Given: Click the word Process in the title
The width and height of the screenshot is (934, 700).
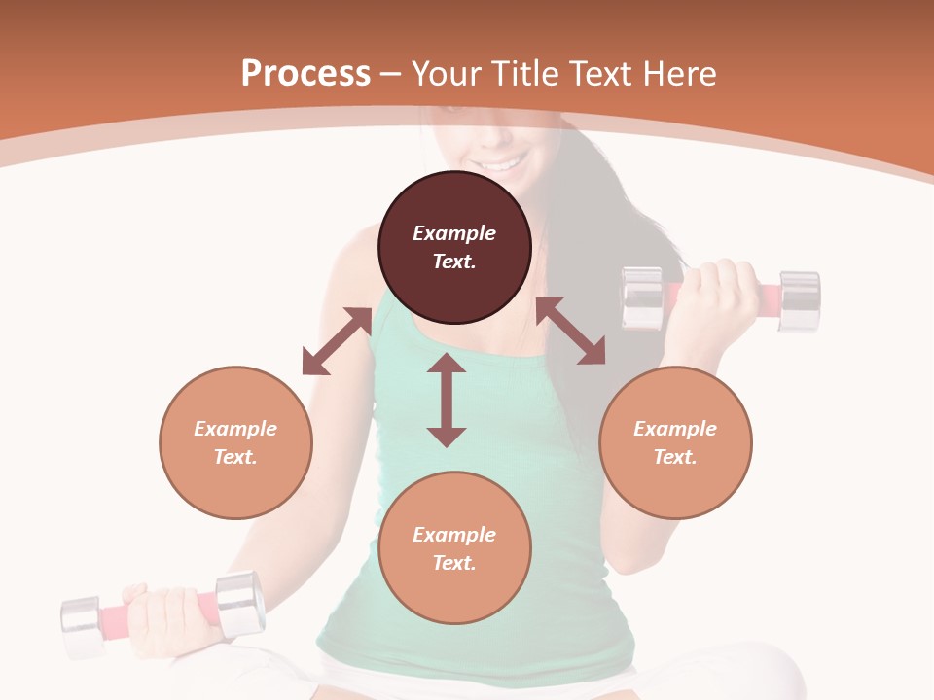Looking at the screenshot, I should (305, 74).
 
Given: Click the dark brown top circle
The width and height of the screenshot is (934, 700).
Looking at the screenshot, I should (454, 247).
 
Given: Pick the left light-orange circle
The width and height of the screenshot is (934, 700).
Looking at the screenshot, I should (235, 442).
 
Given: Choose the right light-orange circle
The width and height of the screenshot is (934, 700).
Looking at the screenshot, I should (675, 442).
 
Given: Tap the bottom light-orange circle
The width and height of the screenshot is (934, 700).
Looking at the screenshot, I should (454, 548).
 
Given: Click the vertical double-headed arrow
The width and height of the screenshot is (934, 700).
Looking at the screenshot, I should (447, 400).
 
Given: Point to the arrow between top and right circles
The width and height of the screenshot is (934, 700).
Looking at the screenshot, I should (570, 331).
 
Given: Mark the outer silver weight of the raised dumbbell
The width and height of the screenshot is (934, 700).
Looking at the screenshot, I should (800, 301).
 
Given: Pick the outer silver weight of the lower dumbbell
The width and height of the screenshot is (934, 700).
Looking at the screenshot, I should (81, 628).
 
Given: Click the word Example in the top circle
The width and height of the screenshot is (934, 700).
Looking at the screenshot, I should (454, 233).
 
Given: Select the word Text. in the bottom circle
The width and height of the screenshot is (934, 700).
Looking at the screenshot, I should (454, 563).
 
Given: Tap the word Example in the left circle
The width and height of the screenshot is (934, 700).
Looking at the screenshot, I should (235, 429).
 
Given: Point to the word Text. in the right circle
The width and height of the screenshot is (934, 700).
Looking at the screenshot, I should (675, 457).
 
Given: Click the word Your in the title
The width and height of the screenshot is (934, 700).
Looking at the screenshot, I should (446, 74).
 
